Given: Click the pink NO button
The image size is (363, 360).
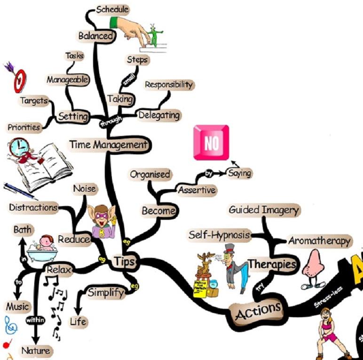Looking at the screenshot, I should click(x=211, y=143).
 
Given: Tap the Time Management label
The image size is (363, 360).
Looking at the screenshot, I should click(x=109, y=145).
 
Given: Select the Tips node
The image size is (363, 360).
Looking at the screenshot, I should click(x=124, y=261).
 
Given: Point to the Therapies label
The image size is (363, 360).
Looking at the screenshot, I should click(x=273, y=264).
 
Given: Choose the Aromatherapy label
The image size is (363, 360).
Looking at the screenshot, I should click(x=320, y=241).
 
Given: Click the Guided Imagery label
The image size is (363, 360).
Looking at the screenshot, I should click(x=264, y=210).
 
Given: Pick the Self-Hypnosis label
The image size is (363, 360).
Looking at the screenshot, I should click(x=219, y=234).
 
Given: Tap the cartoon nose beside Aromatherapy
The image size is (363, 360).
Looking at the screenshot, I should click(x=311, y=269).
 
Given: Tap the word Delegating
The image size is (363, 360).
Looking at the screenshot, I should click(x=158, y=115).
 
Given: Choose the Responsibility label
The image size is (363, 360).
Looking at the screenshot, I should click(x=169, y=85).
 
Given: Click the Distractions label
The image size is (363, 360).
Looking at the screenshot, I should click(x=33, y=207).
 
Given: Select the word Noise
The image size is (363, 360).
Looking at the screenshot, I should click(x=85, y=189).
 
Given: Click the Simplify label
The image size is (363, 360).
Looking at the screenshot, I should click(x=106, y=293).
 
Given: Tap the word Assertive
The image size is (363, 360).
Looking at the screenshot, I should click(x=197, y=190).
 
